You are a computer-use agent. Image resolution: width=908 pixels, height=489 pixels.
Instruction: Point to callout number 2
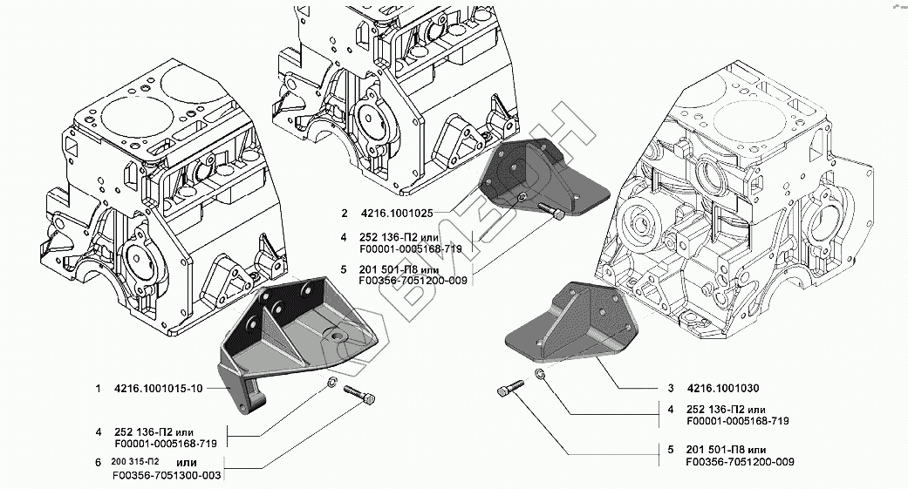(x=345, y=213)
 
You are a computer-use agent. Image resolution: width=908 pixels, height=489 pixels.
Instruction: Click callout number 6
(x=99, y=461)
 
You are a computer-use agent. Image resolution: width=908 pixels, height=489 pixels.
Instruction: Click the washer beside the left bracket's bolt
(x=333, y=384)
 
